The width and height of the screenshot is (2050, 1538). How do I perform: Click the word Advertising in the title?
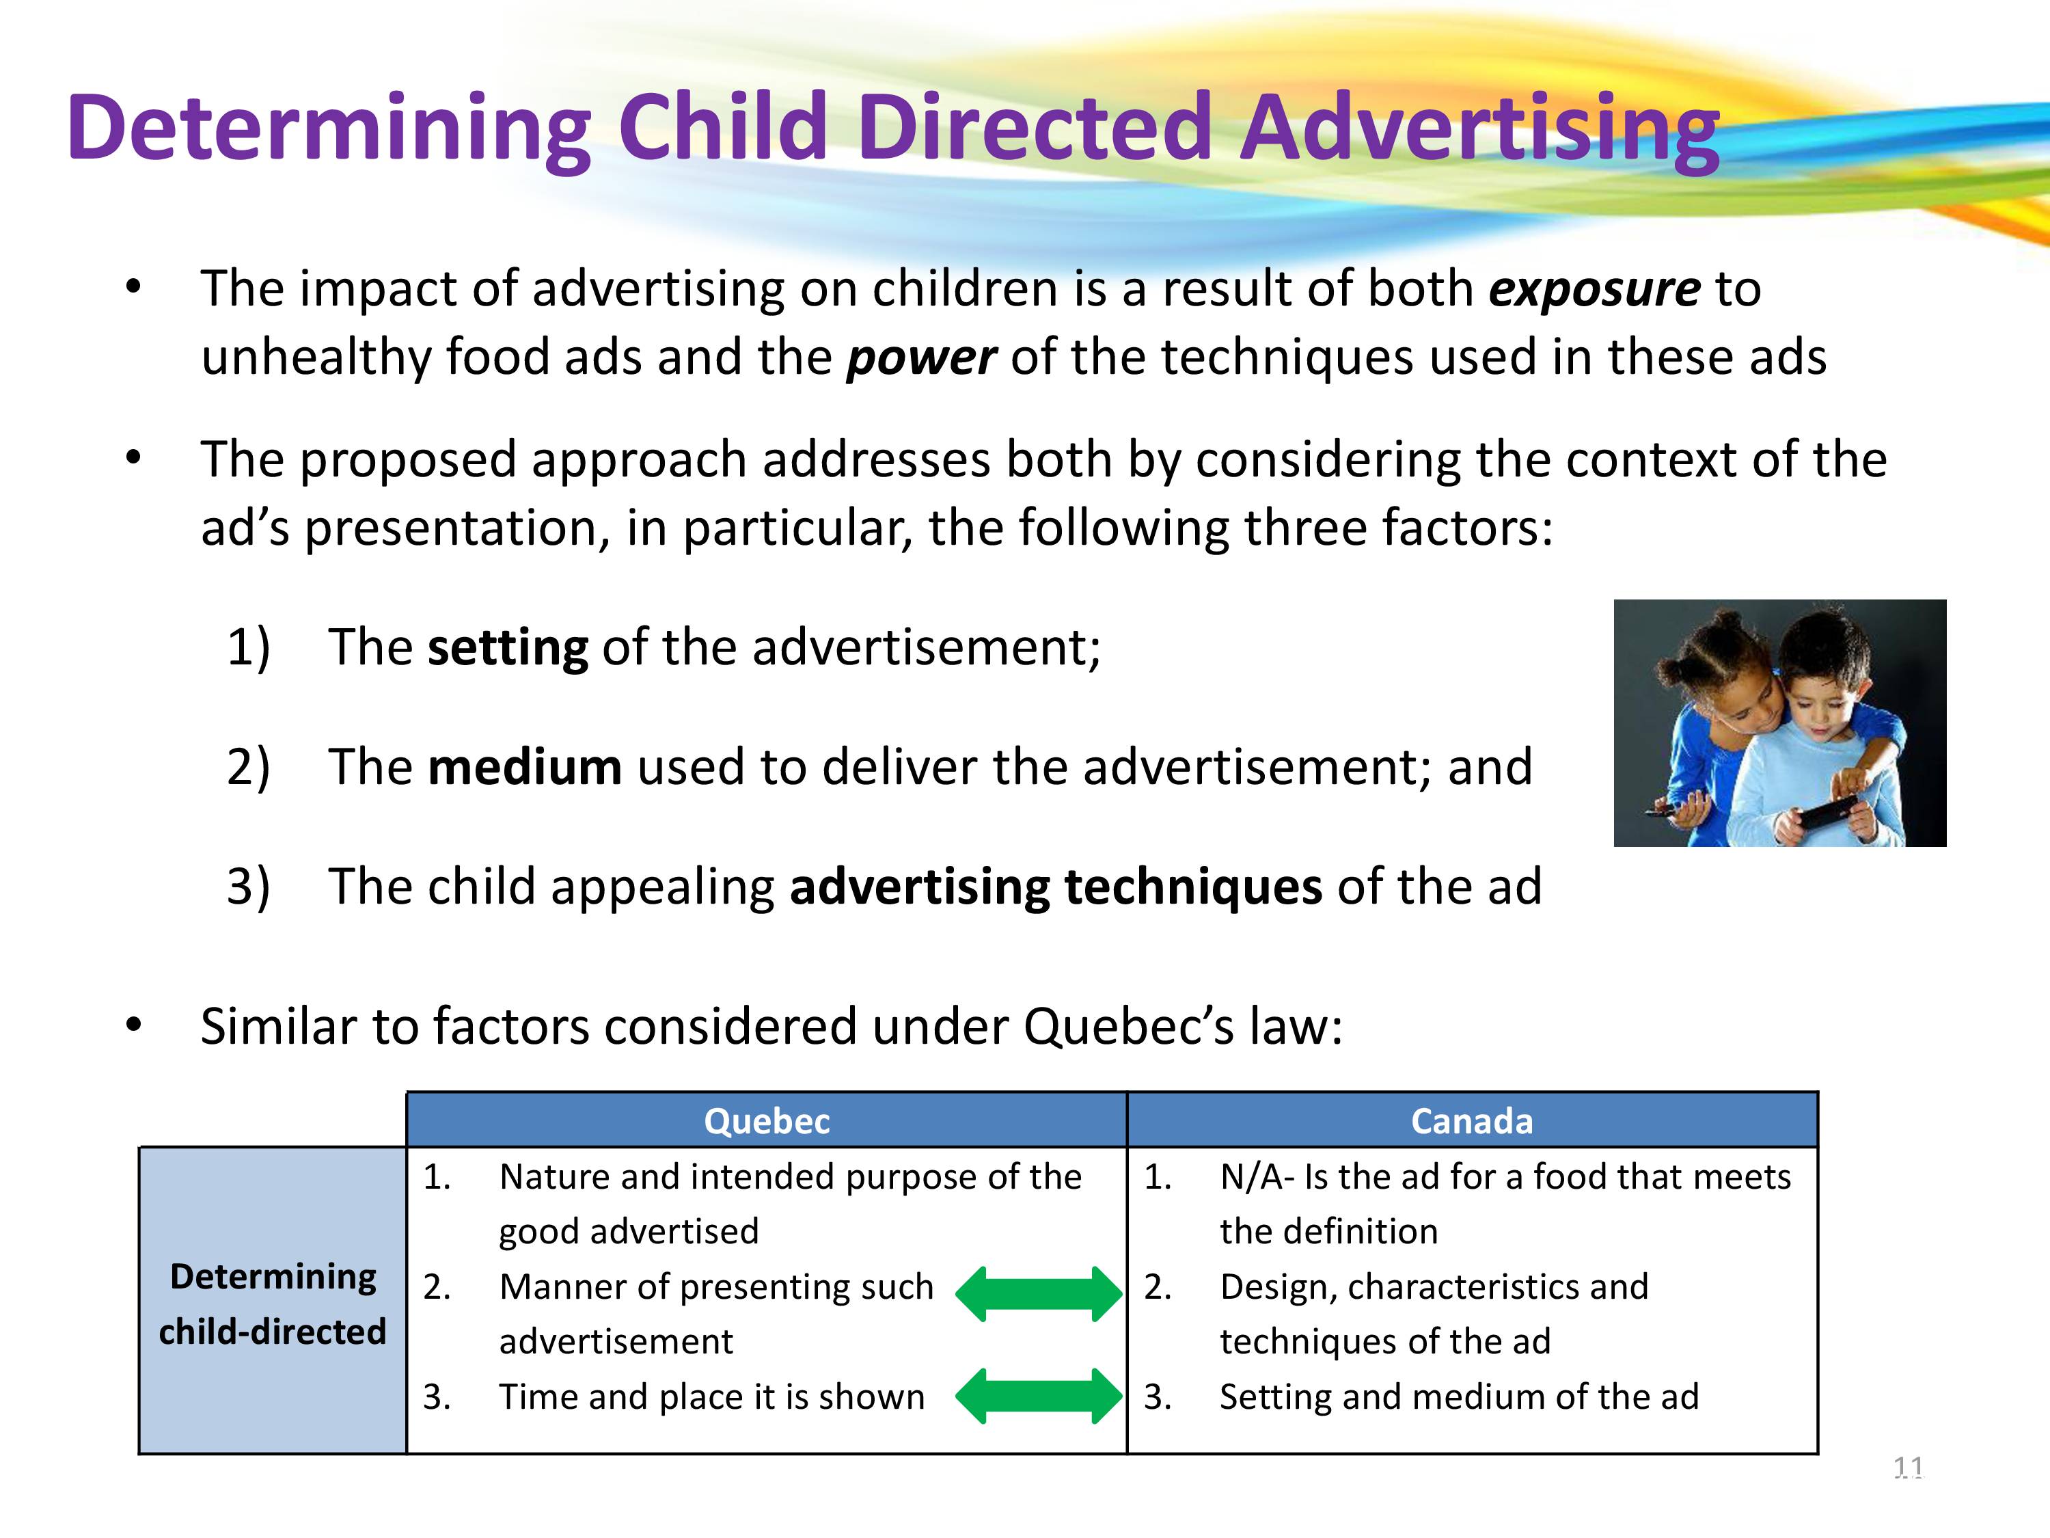[1479, 128]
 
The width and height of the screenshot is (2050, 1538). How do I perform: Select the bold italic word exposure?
[1594, 289]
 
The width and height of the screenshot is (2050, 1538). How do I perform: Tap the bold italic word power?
[921, 358]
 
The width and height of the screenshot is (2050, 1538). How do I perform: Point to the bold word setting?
[507, 648]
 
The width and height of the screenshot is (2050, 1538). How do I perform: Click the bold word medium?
[525, 767]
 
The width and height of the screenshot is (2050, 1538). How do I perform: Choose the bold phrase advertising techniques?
[1056, 887]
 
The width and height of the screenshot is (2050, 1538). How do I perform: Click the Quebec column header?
[767, 1121]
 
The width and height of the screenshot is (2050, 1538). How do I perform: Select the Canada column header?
[1472, 1121]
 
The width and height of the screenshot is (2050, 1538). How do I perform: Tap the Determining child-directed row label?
[273, 1304]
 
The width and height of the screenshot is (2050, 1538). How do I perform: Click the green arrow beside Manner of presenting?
[1038, 1293]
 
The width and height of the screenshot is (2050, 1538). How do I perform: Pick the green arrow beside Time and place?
[1038, 1395]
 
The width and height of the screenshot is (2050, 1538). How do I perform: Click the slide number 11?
[1908, 1468]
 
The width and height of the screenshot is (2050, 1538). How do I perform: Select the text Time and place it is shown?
[712, 1396]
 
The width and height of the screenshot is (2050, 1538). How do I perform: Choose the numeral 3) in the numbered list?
[248, 887]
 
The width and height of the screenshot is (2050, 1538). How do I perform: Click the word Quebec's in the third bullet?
[1130, 1027]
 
